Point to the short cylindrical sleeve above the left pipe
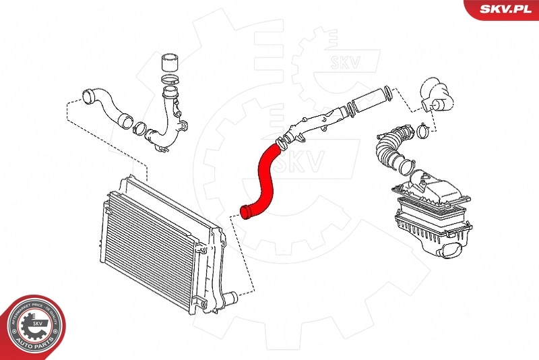click(x=170, y=66)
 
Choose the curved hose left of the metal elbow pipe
click(x=108, y=109)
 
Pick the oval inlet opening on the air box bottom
click(x=450, y=253)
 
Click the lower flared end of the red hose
click(x=247, y=213)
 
